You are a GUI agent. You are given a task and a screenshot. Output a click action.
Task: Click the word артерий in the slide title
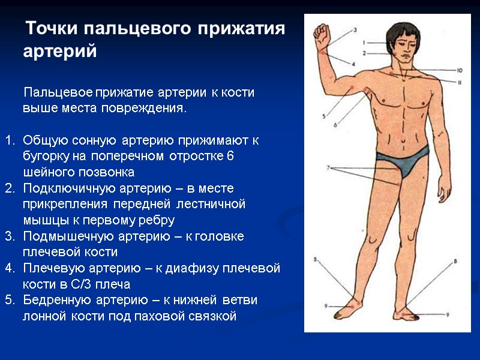[59, 51]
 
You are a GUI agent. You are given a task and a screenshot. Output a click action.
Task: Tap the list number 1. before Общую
[9, 141]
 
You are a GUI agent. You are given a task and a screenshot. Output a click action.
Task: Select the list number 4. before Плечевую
[9, 268]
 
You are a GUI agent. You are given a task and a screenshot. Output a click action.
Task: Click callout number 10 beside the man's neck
[459, 70]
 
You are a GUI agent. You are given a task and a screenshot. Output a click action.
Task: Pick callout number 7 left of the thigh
[328, 168]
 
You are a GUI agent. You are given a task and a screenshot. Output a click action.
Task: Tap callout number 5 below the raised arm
[324, 116]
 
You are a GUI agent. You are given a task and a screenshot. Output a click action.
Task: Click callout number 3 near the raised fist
[355, 29]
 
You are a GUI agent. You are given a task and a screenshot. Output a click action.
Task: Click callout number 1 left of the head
[364, 43]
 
